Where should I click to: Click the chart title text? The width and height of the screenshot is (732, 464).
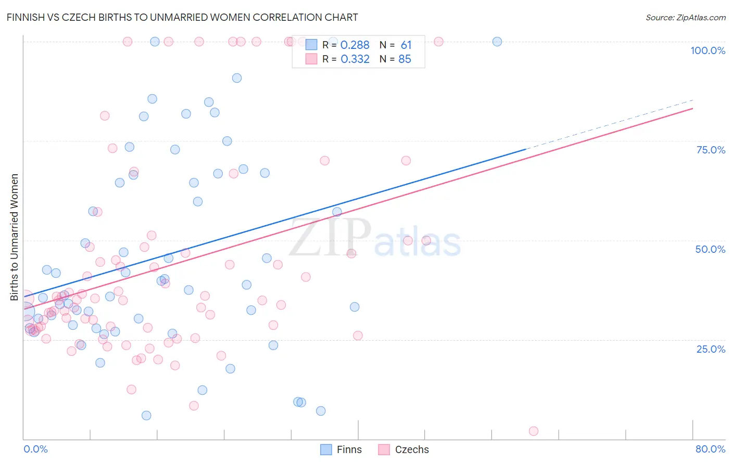click(x=182, y=17)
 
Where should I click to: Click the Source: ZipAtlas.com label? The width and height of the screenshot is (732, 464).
click(x=685, y=17)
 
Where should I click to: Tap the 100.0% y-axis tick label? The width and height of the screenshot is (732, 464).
click(x=708, y=50)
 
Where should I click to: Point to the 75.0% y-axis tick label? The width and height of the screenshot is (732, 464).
click(x=711, y=150)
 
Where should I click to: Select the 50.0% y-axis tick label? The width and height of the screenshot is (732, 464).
click(x=710, y=249)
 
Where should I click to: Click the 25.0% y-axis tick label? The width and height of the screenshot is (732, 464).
click(x=711, y=349)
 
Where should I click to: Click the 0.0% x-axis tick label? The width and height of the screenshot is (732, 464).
click(x=35, y=449)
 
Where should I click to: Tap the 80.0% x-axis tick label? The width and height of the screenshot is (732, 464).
click(x=710, y=449)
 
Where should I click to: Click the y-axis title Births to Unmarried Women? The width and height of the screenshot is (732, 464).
click(x=14, y=237)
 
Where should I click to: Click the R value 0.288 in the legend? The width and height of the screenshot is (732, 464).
click(x=355, y=45)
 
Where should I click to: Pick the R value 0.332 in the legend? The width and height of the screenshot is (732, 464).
click(x=355, y=59)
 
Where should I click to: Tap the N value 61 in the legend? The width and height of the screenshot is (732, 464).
click(x=406, y=45)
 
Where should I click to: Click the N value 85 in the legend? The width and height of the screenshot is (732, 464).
click(x=405, y=59)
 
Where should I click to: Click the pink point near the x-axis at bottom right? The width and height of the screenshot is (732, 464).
click(x=533, y=431)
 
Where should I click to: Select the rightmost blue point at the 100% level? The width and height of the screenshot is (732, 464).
click(x=497, y=42)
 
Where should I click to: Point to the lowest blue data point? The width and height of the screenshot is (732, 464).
click(x=146, y=415)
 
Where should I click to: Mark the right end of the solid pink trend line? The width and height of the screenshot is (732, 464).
click(x=692, y=108)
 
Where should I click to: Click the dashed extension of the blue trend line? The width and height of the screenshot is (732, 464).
click(x=609, y=124)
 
